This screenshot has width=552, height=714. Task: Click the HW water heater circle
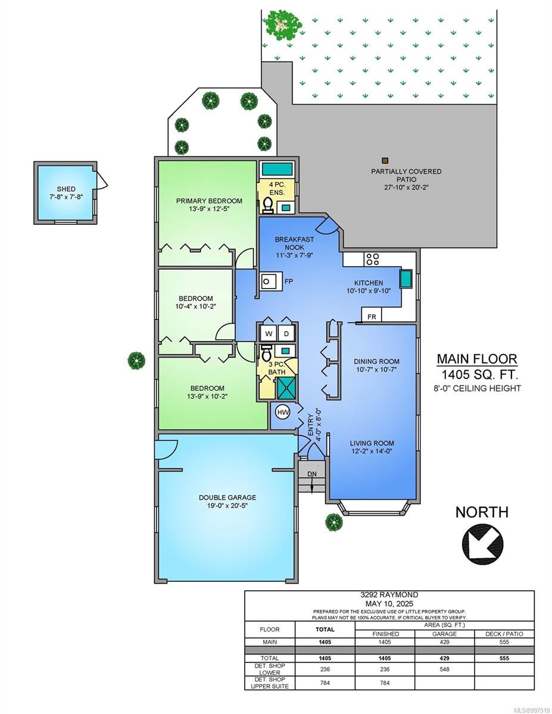click(x=282, y=412)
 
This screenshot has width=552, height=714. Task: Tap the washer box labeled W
click(x=269, y=334)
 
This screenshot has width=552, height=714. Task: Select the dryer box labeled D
click(x=286, y=334)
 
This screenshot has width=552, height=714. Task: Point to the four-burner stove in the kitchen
click(x=373, y=259)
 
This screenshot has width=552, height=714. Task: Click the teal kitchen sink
click(x=406, y=278)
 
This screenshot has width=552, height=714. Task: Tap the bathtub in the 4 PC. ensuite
click(x=277, y=169)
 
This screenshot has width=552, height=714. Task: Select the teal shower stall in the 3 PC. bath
click(x=286, y=388)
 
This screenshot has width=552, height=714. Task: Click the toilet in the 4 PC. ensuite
click(x=267, y=205)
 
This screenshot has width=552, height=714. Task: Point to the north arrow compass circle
click(x=482, y=544)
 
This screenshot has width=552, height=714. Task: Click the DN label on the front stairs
click(x=312, y=474)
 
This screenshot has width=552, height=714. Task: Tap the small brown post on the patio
click(x=385, y=160)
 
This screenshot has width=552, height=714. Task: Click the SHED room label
click(x=66, y=189)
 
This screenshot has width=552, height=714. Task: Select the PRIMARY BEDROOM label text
click(x=209, y=201)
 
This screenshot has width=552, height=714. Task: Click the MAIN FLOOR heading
click(x=477, y=359)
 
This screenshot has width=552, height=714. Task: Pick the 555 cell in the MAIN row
click(x=504, y=642)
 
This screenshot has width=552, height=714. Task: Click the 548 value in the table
click(x=444, y=669)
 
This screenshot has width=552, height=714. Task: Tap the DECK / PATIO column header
click(x=504, y=634)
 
